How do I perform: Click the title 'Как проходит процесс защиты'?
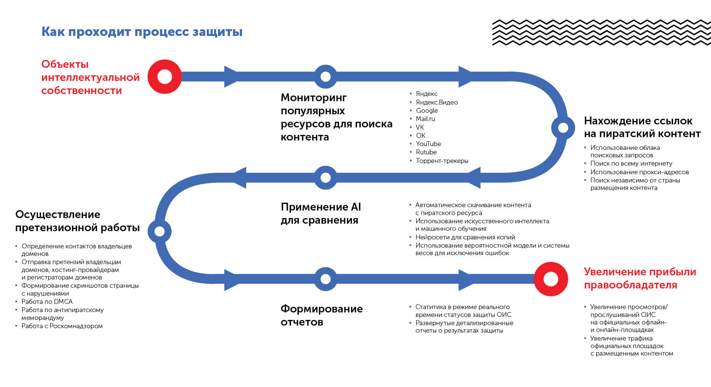click(142, 32)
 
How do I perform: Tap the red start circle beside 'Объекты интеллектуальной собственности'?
click(164, 76)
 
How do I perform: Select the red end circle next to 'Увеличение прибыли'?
click(551, 279)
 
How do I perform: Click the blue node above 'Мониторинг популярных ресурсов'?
click(326, 76)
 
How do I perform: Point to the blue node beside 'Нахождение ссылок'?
click(563, 128)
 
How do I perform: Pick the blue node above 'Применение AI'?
click(326, 178)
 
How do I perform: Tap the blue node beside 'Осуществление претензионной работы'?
click(160, 231)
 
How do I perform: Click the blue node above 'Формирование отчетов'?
click(326, 279)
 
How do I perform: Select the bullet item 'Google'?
click(427, 111)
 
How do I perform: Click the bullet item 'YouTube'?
click(428, 144)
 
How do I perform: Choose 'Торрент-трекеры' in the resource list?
click(442, 161)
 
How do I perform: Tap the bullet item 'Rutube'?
click(426, 152)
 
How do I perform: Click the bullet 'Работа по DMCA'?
click(47, 302)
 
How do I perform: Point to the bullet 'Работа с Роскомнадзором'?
click(62, 326)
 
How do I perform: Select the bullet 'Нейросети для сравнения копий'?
click(465, 237)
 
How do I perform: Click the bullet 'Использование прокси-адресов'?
click(639, 172)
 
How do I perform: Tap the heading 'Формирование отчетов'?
click(321, 315)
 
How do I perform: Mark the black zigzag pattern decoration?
click(601, 33)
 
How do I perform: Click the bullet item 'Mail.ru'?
click(425, 119)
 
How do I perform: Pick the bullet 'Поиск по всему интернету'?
click(631, 163)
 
